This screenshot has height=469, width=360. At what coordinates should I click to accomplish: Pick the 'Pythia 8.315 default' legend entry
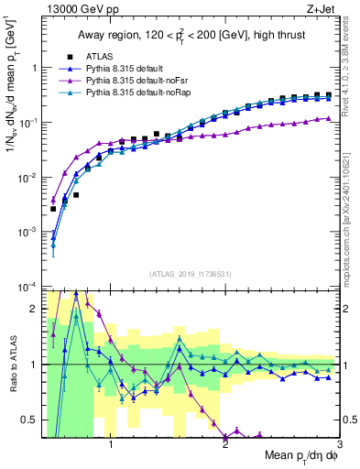coord(126,69)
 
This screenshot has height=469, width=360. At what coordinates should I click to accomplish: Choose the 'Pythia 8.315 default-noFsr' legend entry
coord(136,81)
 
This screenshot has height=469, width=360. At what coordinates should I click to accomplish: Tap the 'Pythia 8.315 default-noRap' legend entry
coord(136,93)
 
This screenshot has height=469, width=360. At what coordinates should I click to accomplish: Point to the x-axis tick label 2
coord(224,445)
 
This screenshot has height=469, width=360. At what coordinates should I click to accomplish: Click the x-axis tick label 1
coord(111,445)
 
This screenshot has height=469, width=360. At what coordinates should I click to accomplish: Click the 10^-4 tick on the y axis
coord(27,288)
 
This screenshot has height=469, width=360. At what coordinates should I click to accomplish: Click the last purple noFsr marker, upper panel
coord(328,118)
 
